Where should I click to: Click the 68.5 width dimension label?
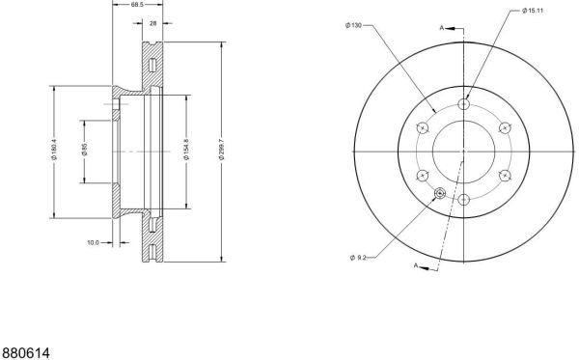(x=137, y=5)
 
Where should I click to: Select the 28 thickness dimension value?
(x=152, y=23)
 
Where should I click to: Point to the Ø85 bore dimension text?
(x=84, y=150)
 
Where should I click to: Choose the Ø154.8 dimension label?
(x=186, y=150)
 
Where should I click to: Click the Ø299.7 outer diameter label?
(x=222, y=150)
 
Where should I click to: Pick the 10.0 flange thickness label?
(x=93, y=242)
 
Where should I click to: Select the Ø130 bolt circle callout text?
(x=353, y=25)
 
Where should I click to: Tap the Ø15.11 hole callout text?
(x=533, y=11)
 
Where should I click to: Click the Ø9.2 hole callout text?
(x=358, y=258)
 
